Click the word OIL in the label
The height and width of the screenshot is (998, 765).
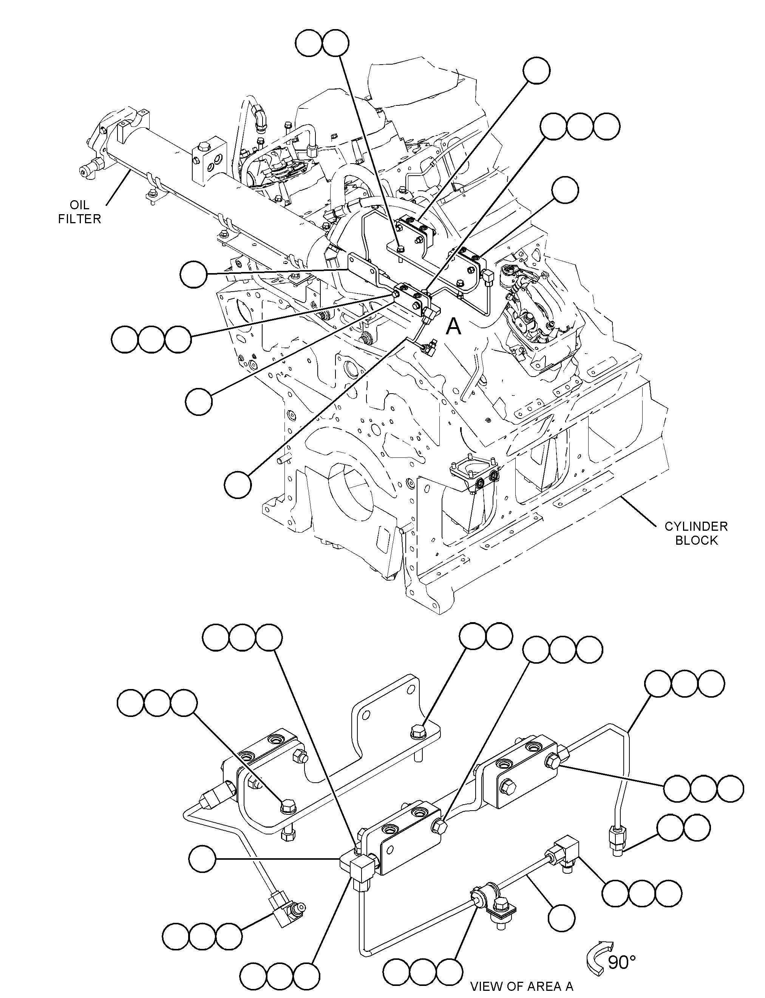(79, 205)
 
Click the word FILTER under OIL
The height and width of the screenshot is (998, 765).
(79, 219)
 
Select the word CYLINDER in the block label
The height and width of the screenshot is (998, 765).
(696, 527)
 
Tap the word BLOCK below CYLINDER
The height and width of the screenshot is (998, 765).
(696, 541)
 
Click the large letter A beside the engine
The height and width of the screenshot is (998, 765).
(454, 326)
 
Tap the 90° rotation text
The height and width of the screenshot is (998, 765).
(622, 962)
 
